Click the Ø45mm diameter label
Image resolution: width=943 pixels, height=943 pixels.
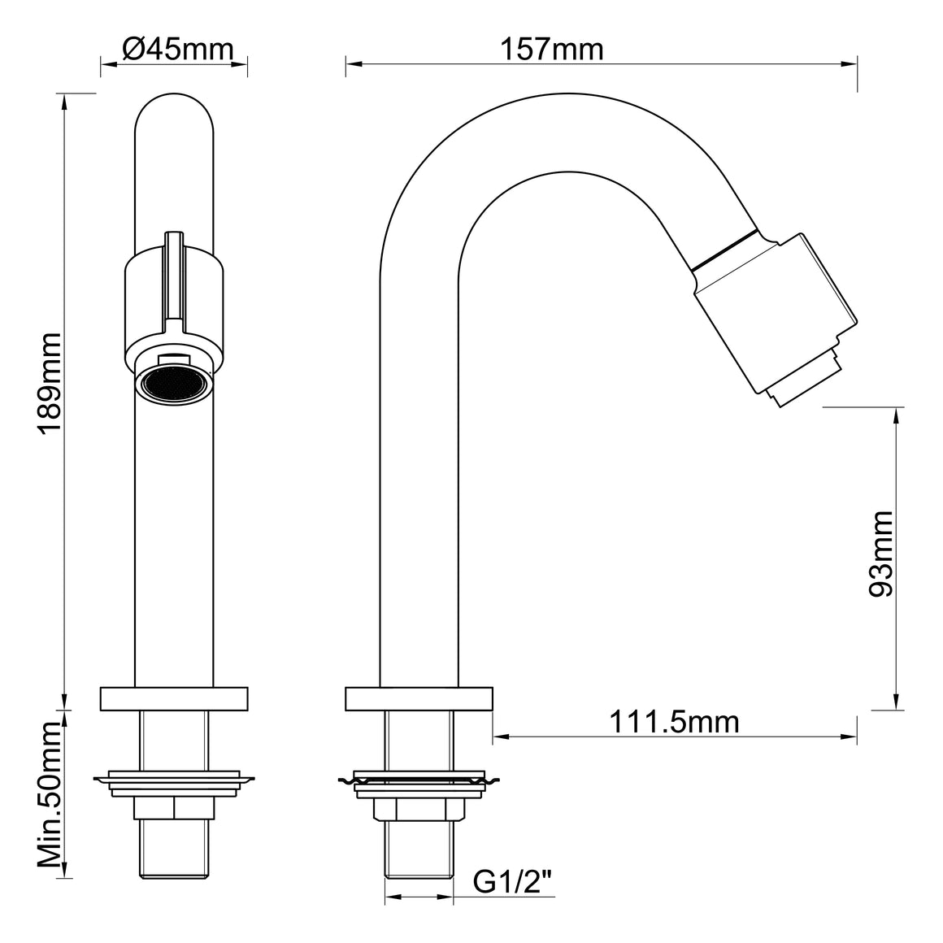[x=177, y=49]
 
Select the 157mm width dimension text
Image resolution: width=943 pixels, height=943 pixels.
[x=551, y=49]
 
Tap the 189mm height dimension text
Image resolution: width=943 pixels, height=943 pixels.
[x=50, y=383]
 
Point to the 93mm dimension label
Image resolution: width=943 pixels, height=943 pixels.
[x=881, y=554]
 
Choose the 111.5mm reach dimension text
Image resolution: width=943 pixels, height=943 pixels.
[x=674, y=721]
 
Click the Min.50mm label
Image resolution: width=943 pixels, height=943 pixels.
[x=50, y=796]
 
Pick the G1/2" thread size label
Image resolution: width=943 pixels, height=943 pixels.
[x=513, y=882]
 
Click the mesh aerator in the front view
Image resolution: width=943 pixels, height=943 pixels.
[x=174, y=384]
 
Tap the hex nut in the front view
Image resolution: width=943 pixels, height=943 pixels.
[x=174, y=809]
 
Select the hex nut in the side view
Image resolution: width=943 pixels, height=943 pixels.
[x=419, y=810]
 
